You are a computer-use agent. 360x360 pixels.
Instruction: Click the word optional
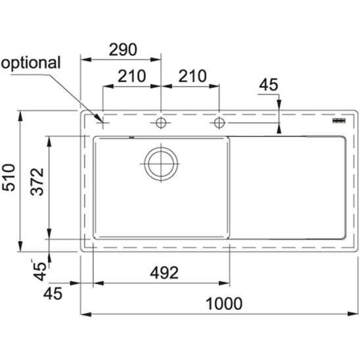click(31, 63)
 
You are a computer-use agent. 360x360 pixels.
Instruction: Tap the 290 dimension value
click(123, 49)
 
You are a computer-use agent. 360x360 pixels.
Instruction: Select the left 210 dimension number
click(132, 76)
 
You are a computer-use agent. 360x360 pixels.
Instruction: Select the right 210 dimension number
click(192, 76)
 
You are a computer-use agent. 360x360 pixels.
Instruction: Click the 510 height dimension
click(9, 177)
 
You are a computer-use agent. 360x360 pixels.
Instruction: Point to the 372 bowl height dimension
click(37, 181)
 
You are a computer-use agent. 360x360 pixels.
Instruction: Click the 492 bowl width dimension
click(164, 273)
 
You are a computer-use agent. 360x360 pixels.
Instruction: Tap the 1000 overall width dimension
click(224, 304)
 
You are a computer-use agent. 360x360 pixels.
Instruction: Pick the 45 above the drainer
click(269, 85)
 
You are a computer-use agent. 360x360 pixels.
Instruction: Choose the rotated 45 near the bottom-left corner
click(39, 271)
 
